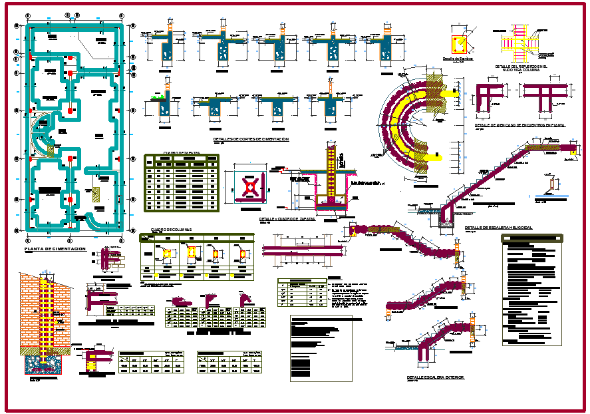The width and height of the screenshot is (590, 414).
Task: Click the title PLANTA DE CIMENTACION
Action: coord(55,248)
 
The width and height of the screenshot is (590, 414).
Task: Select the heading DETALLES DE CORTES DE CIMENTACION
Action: coord(251,139)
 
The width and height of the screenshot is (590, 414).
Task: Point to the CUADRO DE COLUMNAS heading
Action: coord(171,230)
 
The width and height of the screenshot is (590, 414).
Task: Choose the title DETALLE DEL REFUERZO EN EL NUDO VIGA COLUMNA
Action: coord(521,68)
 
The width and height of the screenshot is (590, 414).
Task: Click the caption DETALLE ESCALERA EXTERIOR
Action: coord(436,377)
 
